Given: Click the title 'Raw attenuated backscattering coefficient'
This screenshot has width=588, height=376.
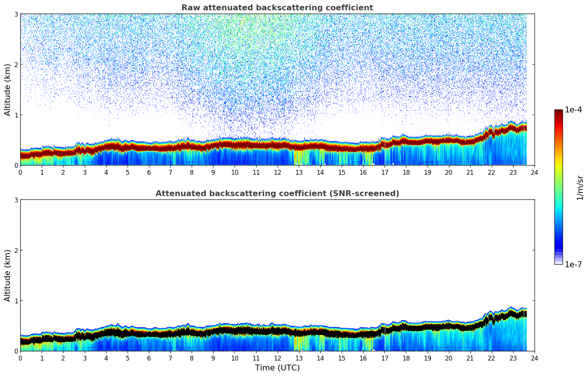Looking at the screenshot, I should pyautogui.click(x=277, y=8).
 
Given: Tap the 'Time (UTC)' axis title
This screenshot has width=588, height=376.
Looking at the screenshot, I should pyautogui.click(x=277, y=368).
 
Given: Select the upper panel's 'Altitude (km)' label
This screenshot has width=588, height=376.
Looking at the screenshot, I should pyautogui.click(x=7, y=90).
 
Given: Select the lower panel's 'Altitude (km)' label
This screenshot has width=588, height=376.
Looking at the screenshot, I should pyautogui.click(x=7, y=275).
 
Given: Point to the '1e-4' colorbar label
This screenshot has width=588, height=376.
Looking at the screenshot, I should pyautogui.click(x=573, y=110).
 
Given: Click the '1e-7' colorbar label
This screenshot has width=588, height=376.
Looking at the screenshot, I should pyautogui.click(x=573, y=265).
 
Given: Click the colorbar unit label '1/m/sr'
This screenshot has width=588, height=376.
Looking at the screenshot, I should pyautogui.click(x=580, y=188).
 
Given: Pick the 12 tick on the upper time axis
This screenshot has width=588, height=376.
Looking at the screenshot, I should pyautogui.click(x=277, y=172).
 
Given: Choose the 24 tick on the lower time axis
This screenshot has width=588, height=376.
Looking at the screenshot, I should pyautogui.click(x=534, y=358).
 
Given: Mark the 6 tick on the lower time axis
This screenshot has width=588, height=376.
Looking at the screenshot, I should pyautogui.click(x=149, y=358).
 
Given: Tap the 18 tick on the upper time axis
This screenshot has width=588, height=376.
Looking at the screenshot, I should pyautogui.click(x=406, y=172).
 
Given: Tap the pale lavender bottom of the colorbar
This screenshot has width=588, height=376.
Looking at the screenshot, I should pyautogui.click(x=559, y=262).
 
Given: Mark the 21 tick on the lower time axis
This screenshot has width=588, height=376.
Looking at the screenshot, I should pyautogui.click(x=470, y=358).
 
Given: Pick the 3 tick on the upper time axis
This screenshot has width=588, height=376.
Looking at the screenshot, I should pyautogui.click(x=84, y=172).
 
